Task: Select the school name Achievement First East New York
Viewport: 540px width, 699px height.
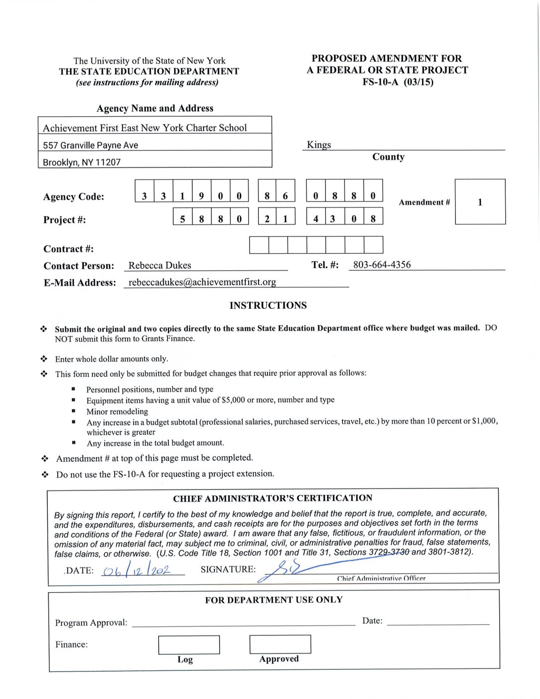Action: pos(144,128)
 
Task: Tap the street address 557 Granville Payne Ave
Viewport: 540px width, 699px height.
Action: pos(90,145)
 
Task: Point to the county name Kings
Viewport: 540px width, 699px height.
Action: pos(319,144)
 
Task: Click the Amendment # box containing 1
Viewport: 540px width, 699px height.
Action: pos(480,202)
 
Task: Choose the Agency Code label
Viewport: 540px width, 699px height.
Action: pos(73,197)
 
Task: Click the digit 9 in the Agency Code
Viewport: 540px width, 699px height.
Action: pos(201,196)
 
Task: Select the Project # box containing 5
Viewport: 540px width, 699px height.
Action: pos(182,218)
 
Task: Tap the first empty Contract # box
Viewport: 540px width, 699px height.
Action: pos(259,245)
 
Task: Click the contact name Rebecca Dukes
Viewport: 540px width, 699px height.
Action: pos(159,266)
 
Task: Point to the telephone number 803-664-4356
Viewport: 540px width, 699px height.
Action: pos(382,265)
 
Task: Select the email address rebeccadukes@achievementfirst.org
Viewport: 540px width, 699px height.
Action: pos(202,282)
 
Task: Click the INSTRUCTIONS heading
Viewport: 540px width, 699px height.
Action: pos(268,305)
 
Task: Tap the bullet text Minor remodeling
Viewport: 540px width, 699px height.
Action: pos(117,411)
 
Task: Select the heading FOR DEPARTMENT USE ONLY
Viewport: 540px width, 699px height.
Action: pos(273,600)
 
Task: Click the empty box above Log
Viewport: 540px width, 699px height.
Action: pos(189,645)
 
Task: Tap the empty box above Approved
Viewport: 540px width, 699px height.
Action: pos(280,644)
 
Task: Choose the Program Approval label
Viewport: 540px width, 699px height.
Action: pos(91,623)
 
